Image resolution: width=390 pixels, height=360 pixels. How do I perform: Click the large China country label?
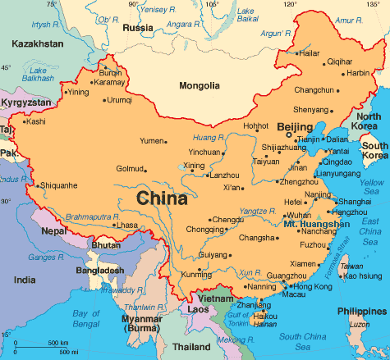(162, 198)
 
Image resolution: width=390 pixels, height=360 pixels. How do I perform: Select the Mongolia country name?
(200, 86)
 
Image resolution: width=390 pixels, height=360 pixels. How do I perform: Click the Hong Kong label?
(312, 287)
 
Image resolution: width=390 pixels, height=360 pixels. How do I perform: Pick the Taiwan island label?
(351, 267)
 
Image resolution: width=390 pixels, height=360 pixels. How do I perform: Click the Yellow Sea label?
(371, 186)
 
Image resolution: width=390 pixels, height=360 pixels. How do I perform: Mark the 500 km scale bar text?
(57, 342)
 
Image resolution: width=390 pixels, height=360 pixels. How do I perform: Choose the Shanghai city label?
(354, 201)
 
